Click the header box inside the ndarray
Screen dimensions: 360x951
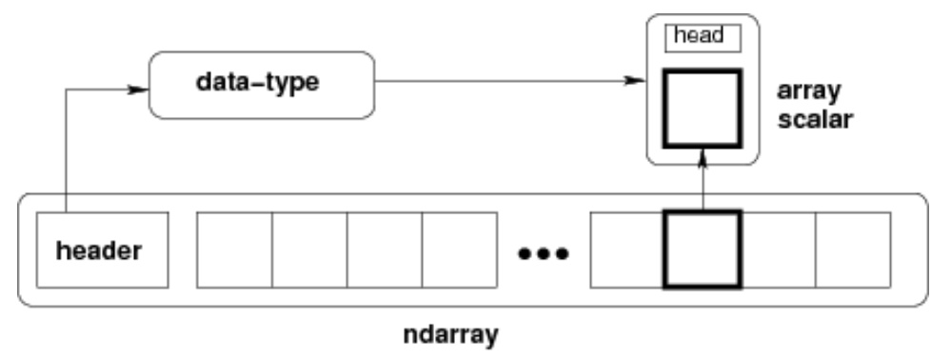101,250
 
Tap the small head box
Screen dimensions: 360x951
703,36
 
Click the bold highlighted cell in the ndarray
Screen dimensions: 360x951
702,250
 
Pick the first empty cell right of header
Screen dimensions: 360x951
234,250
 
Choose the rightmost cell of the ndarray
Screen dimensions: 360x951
853,250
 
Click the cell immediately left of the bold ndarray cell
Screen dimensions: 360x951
627,250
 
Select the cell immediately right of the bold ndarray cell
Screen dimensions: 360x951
777,250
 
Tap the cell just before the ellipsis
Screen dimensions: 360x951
459,250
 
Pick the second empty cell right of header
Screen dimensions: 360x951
309,250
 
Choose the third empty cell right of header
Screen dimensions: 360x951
384,250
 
